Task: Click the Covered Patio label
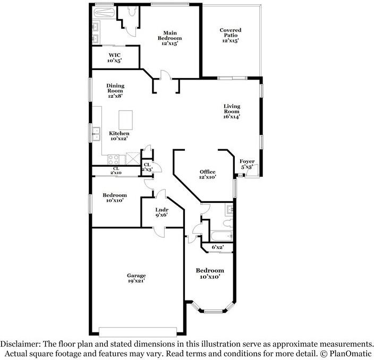click(x=231, y=35)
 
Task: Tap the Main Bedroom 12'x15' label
click(x=170, y=38)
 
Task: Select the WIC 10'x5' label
click(x=115, y=58)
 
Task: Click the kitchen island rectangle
click(x=126, y=120)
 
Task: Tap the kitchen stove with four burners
click(x=113, y=159)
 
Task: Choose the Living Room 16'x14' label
click(x=232, y=112)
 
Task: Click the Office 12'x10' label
click(x=208, y=174)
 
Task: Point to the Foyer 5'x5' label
click(x=247, y=164)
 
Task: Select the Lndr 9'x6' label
click(x=162, y=212)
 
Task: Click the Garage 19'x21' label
click(x=137, y=278)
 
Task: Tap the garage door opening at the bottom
click(x=138, y=332)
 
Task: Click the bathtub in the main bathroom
click(x=104, y=13)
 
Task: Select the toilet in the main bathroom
click(x=132, y=11)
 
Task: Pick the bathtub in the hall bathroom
click(x=222, y=236)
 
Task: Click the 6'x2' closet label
click(x=218, y=247)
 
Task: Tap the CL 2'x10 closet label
click(x=116, y=170)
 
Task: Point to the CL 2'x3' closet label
click(x=147, y=167)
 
